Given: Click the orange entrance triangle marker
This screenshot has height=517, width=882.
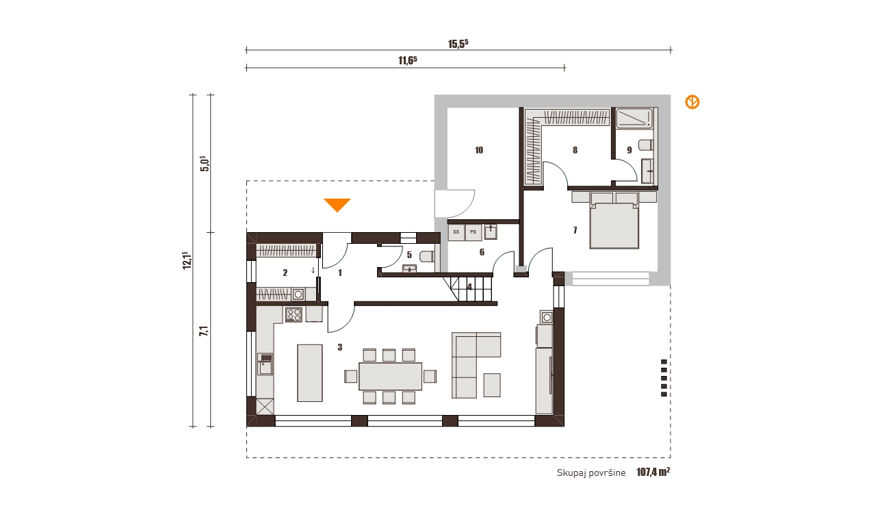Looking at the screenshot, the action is pyautogui.click(x=337, y=205).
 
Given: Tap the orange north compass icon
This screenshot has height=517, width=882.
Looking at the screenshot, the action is pyautogui.click(x=692, y=102).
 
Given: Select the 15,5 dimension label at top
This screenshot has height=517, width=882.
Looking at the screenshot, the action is pyautogui.click(x=458, y=43).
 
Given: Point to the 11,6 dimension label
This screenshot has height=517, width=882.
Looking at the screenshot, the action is pyautogui.click(x=408, y=60).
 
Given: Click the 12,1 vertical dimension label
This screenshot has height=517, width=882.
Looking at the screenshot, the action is pyautogui.click(x=187, y=260).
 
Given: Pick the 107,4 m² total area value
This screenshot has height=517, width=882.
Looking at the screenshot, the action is pyautogui.click(x=653, y=472).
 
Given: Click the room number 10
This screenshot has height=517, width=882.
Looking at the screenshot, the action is pyautogui.click(x=479, y=150).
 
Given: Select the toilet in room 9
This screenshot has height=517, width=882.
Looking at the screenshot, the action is pyautogui.click(x=647, y=145).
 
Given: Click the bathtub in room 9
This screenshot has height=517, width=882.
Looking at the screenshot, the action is pyautogui.click(x=635, y=118).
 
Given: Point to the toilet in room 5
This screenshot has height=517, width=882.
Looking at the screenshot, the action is pyautogui.click(x=428, y=257).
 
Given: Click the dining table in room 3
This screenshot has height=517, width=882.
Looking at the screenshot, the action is pyautogui.click(x=390, y=377).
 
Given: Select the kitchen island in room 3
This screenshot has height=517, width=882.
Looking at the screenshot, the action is pyautogui.click(x=310, y=373).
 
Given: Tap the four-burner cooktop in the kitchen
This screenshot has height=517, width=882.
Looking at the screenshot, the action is pyautogui.click(x=294, y=315).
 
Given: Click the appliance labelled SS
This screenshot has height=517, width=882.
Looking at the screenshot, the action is pyautogui.click(x=456, y=232).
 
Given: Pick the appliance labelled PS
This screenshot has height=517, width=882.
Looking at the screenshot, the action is pyautogui.click(x=474, y=232).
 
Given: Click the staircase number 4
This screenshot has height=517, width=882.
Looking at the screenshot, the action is pyautogui.click(x=470, y=288).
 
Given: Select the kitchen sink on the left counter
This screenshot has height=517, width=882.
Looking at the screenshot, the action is pyautogui.click(x=265, y=364).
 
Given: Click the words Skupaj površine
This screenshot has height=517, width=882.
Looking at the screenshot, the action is pyautogui.click(x=591, y=473).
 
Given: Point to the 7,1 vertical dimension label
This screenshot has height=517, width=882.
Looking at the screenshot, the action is pyautogui.click(x=204, y=331).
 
